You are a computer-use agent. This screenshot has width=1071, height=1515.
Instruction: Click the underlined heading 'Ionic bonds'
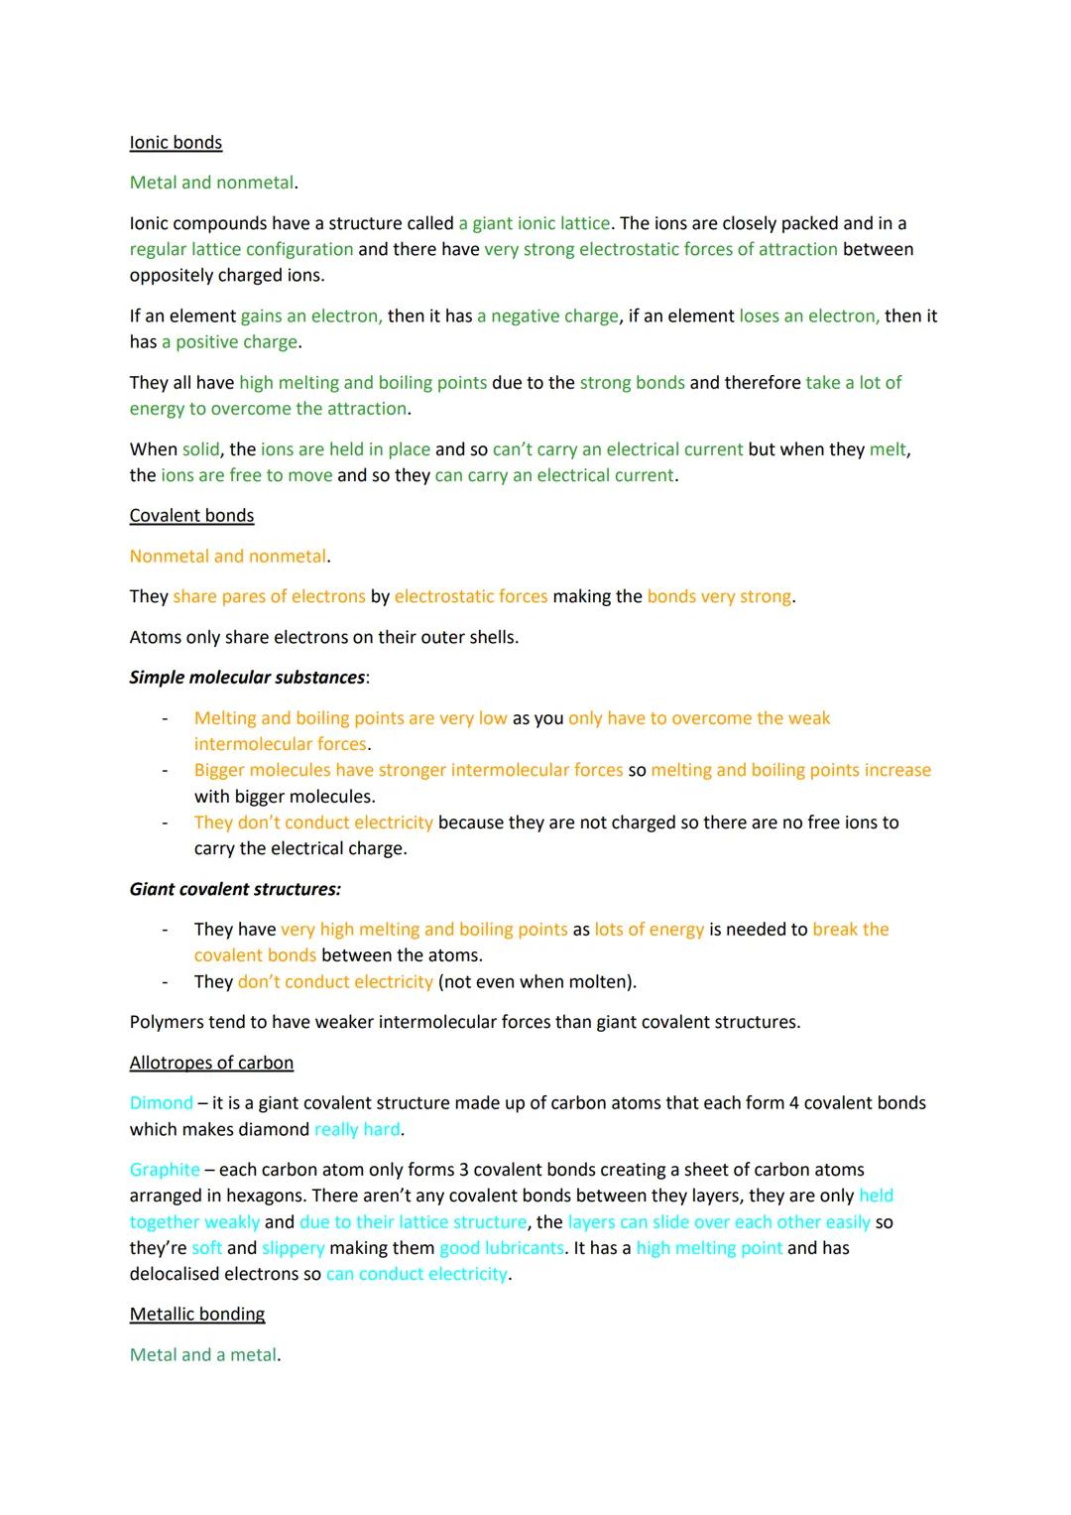tap(176, 142)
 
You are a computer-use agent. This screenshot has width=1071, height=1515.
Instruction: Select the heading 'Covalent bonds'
tap(191, 515)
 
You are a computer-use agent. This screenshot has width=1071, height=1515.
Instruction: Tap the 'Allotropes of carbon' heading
tap(211, 1063)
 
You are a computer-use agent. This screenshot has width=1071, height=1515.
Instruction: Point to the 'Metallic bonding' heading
tap(197, 1314)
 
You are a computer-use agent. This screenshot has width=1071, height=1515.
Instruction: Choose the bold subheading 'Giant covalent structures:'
tap(235, 889)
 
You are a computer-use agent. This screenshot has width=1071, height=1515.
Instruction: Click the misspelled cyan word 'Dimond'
tap(161, 1102)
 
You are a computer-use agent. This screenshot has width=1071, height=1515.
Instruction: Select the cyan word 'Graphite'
tap(165, 1170)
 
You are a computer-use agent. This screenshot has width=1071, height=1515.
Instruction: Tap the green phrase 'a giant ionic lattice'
tap(534, 223)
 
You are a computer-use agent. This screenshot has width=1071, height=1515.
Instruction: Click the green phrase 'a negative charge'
tap(547, 316)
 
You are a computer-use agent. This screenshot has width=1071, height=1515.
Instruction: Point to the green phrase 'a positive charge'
tap(229, 341)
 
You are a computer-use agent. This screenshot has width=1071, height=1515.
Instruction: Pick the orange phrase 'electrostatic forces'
tap(471, 596)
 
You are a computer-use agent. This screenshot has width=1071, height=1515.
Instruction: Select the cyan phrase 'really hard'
tap(357, 1129)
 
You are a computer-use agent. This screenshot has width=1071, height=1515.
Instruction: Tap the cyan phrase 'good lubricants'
tap(502, 1248)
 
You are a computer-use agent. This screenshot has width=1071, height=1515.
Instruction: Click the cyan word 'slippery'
tap(294, 1248)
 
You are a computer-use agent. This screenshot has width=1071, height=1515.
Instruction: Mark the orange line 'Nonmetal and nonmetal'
tap(228, 556)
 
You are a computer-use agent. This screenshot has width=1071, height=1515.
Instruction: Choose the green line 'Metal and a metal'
tap(203, 1354)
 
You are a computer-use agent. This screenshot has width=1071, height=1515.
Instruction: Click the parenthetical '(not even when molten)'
tap(536, 981)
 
